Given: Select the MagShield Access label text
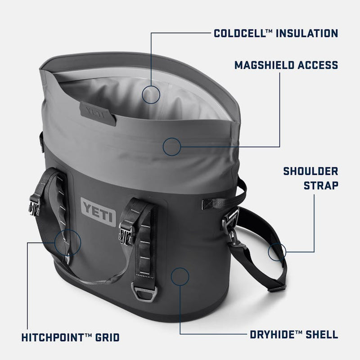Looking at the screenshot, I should (286, 65).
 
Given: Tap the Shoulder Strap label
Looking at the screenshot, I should (310, 178).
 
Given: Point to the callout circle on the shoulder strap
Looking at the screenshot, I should (277, 252).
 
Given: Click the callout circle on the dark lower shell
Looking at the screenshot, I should (180, 276).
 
